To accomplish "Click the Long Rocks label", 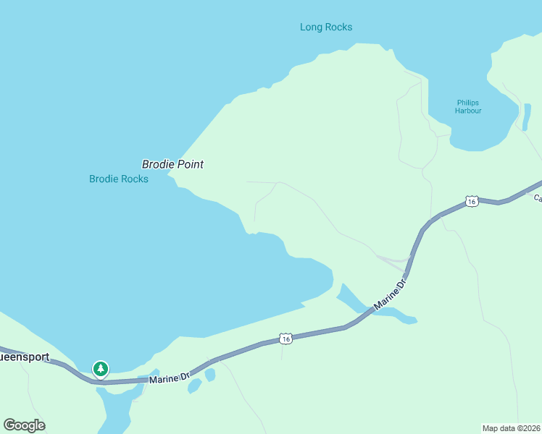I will pos(326,27).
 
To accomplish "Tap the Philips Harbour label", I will pos(468,106).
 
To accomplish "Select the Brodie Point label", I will pos(172,164).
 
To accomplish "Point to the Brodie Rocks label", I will pos(119,179).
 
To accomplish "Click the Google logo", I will pos(24,425).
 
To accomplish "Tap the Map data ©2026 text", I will pos(511,428).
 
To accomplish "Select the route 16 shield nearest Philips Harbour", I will pos(472,201).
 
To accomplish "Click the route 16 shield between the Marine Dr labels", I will pos(285,339).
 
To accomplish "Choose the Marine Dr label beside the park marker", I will pos(169,378).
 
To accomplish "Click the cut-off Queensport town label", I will pos(24,357).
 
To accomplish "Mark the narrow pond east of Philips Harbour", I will pos(527,117).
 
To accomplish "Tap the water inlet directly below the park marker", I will pos(116,409).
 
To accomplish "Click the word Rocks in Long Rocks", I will pos(338,27).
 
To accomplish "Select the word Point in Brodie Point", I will pos(188,164).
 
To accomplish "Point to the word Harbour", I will pos(468,111).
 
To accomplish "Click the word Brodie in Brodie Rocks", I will pos(104,179).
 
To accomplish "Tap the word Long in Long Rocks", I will pos(311,27).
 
